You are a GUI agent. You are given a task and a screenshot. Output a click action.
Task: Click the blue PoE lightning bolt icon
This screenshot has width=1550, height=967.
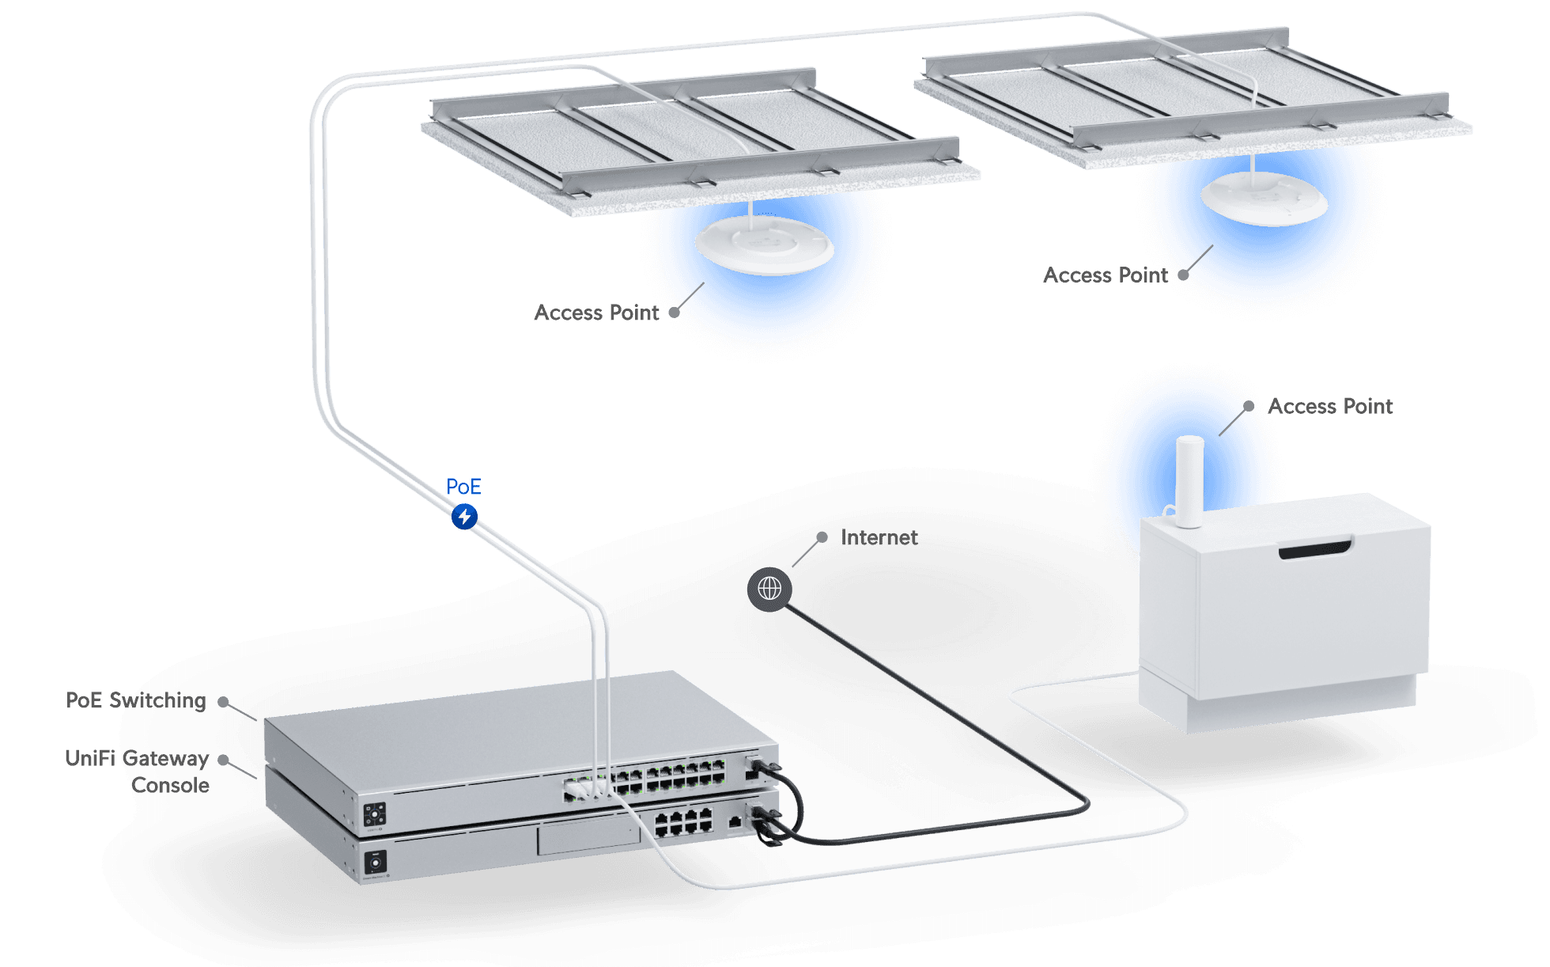click(464, 517)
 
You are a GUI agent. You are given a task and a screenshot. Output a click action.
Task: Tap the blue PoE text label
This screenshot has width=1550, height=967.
click(463, 486)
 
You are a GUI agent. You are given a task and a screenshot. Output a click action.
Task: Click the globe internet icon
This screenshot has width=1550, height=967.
click(769, 589)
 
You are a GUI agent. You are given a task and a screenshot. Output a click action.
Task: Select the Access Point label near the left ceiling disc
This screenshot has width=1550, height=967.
click(596, 313)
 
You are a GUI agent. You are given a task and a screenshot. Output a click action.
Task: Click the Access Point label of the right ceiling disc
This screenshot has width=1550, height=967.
click(1105, 275)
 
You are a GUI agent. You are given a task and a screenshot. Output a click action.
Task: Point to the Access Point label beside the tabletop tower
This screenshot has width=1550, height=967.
click(1330, 406)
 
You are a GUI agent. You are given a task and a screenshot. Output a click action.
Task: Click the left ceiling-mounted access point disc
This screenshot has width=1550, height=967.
click(764, 245)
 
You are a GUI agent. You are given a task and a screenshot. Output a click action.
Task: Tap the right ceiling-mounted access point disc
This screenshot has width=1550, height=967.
click(1264, 198)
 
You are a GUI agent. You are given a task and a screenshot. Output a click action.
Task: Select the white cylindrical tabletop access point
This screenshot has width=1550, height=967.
click(1189, 480)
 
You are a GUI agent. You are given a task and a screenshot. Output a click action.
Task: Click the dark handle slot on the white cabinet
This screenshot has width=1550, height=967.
click(1315, 548)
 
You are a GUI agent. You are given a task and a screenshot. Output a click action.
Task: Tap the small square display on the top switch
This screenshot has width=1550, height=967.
click(374, 814)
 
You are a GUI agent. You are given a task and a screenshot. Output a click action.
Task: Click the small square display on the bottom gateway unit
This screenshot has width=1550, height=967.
click(376, 861)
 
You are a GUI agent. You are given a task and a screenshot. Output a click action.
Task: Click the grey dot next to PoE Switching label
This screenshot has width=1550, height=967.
click(224, 702)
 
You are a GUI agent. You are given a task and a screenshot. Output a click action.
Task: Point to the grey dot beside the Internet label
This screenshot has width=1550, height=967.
click(822, 537)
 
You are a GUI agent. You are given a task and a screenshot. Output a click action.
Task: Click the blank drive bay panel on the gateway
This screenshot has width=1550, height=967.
click(588, 837)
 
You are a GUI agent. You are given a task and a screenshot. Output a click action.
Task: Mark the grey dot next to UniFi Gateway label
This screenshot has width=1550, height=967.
click(224, 760)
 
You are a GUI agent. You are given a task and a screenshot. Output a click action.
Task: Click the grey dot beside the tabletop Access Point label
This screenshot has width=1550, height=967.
click(1249, 406)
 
